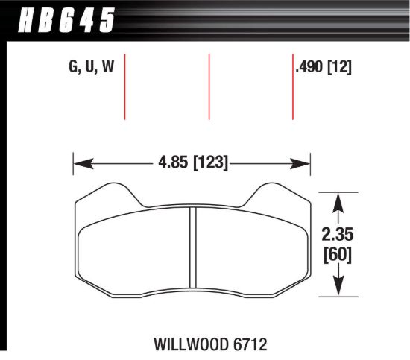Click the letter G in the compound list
pos(74,67)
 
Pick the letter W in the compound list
pos(108,67)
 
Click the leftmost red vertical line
pos(124,86)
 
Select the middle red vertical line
pos(209,86)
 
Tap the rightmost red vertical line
pos(292,86)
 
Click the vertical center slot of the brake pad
pos(193,246)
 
